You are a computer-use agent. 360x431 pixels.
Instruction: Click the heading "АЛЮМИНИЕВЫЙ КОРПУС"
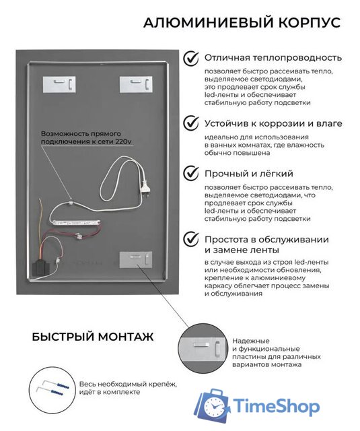[242, 22]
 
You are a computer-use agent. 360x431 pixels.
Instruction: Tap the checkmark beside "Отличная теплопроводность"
[191, 58]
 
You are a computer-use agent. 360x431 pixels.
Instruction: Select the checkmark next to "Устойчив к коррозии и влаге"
[191, 123]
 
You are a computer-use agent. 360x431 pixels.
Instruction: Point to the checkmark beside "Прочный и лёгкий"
[191, 173]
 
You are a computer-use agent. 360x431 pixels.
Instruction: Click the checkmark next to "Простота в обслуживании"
[191, 239]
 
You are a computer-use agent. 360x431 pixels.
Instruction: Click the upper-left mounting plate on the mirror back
[59, 84]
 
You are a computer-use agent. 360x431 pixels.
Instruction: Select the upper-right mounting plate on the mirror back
[136, 84]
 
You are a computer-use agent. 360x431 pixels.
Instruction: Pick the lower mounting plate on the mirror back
[136, 259]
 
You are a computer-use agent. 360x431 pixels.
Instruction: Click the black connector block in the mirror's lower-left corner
[40, 265]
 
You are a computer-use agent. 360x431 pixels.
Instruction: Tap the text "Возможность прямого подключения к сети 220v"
[86, 137]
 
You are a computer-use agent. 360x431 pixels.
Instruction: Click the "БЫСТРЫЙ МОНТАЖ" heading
[93, 337]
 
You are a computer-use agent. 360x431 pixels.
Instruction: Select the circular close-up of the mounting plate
[203, 348]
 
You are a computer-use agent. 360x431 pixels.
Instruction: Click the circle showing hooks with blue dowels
[52, 388]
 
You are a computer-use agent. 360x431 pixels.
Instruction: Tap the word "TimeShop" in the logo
[277, 405]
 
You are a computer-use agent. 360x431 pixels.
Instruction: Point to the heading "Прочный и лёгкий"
[249, 174]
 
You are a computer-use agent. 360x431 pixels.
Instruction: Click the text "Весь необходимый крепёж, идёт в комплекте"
[128, 388]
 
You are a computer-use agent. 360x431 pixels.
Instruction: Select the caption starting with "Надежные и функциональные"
[277, 353]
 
